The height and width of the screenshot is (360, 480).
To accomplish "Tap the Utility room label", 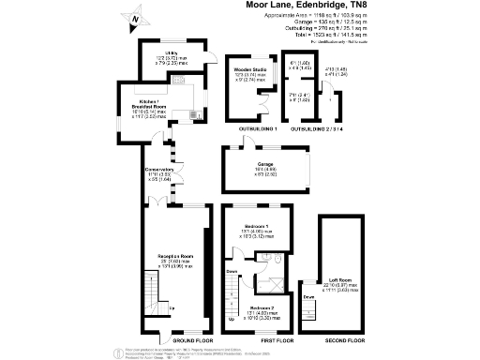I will (x=171, y=52).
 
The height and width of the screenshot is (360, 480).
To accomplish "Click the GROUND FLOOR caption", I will (x=178, y=340).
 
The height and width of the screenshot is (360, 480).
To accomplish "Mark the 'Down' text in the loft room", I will (x=308, y=297).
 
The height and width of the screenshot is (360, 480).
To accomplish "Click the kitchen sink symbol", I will (x=191, y=116).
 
